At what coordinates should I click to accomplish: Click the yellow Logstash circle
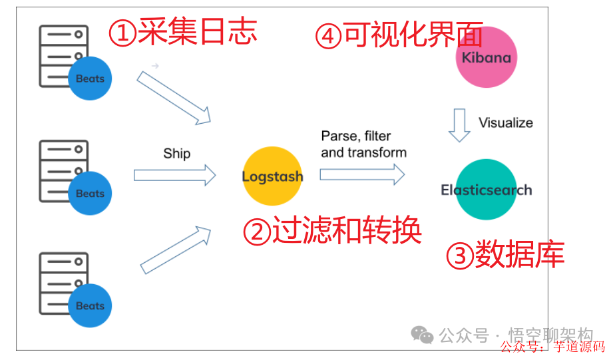click(272, 177)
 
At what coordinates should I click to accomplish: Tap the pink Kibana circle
click(487, 57)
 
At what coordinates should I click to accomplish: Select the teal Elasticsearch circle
click(487, 190)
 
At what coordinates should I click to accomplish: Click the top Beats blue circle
click(90, 79)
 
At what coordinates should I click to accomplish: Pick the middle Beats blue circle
click(90, 194)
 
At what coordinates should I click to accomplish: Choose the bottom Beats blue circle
click(90, 306)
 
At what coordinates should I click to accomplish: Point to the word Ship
click(176, 154)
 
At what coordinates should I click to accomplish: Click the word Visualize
click(506, 122)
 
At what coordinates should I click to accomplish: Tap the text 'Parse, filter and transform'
click(363, 144)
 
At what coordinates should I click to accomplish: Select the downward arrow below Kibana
click(459, 125)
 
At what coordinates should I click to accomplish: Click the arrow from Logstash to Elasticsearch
click(362, 174)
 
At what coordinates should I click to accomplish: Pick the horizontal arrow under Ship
click(175, 175)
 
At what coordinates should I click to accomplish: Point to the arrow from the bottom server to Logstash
click(176, 250)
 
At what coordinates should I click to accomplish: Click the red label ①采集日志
click(182, 31)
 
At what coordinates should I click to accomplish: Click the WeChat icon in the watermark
click(422, 334)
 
